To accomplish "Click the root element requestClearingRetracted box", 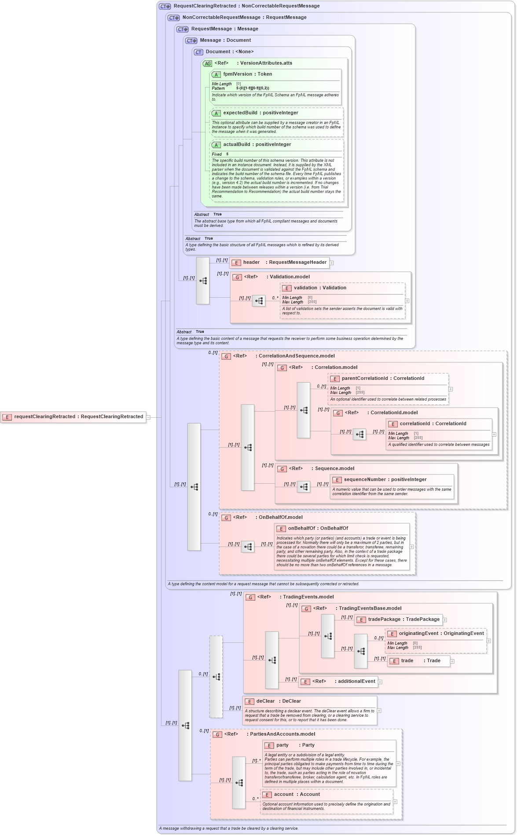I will [x=73, y=417].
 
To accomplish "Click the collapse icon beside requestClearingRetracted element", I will [x=148, y=417].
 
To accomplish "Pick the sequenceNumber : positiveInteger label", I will [x=385, y=480].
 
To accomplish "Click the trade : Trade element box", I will [x=418, y=661].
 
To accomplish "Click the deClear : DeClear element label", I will [x=279, y=701].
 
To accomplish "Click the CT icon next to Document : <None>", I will [x=198, y=52].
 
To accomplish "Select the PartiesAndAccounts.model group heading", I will [x=282, y=734].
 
